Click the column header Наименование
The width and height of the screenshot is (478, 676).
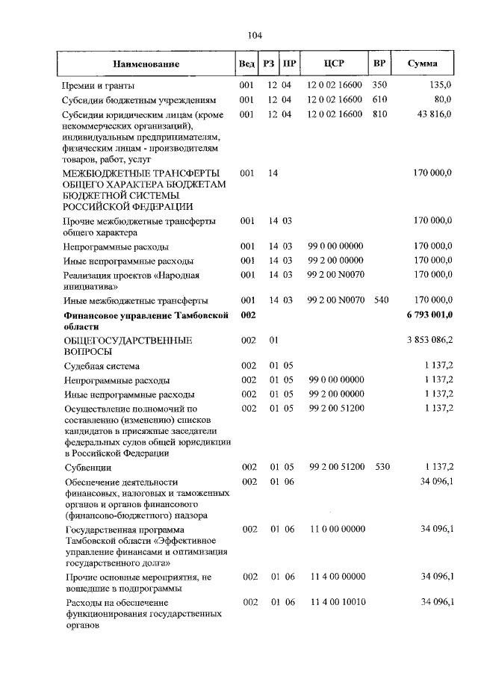click(x=146, y=64)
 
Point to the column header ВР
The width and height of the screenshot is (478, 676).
click(x=379, y=64)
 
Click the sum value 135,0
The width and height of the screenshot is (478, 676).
click(x=440, y=85)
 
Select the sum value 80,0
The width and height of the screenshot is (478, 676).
click(x=443, y=99)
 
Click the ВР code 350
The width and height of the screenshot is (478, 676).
click(x=379, y=85)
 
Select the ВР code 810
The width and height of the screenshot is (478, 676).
click(x=379, y=114)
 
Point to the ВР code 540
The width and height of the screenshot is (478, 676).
click(x=379, y=300)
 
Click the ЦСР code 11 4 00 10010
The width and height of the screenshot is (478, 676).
click(x=336, y=602)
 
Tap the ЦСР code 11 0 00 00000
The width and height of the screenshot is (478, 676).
click(x=336, y=529)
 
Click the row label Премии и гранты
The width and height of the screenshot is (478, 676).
click(x=98, y=85)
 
